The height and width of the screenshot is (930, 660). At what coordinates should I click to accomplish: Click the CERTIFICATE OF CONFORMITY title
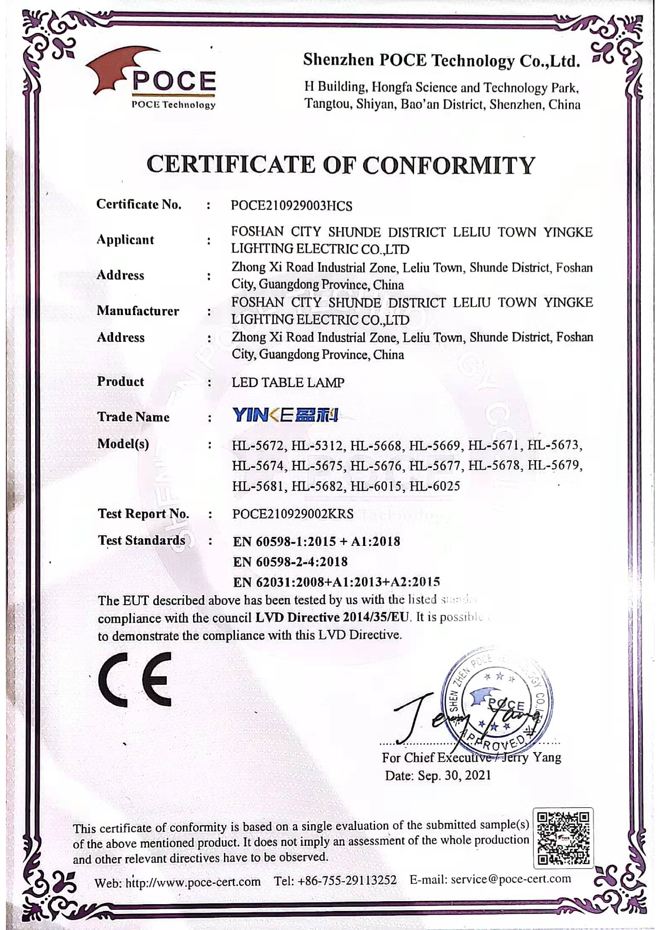pyautogui.click(x=341, y=165)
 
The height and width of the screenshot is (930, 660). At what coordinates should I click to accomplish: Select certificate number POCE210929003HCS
pyautogui.click(x=291, y=206)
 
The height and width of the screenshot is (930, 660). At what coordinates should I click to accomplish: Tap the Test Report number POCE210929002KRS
pyautogui.click(x=293, y=514)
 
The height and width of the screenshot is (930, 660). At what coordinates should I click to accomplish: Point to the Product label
pyautogui.click(x=121, y=382)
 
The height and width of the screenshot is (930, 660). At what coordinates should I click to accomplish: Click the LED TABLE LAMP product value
pyautogui.click(x=288, y=382)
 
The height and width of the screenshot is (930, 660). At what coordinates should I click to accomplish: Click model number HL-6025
pyautogui.click(x=435, y=486)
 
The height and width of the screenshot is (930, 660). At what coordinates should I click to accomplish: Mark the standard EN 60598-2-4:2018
pyautogui.click(x=290, y=562)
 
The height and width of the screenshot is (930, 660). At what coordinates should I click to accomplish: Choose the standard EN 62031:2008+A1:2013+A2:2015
pyautogui.click(x=336, y=582)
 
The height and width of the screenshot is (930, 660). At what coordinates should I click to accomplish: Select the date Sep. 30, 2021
pyautogui.click(x=454, y=775)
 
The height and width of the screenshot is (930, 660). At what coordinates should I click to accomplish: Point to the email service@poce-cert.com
pyautogui.click(x=511, y=879)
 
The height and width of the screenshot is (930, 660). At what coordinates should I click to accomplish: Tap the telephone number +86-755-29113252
pyautogui.click(x=347, y=880)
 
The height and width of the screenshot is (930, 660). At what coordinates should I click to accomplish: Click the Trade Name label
pyautogui.click(x=133, y=417)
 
